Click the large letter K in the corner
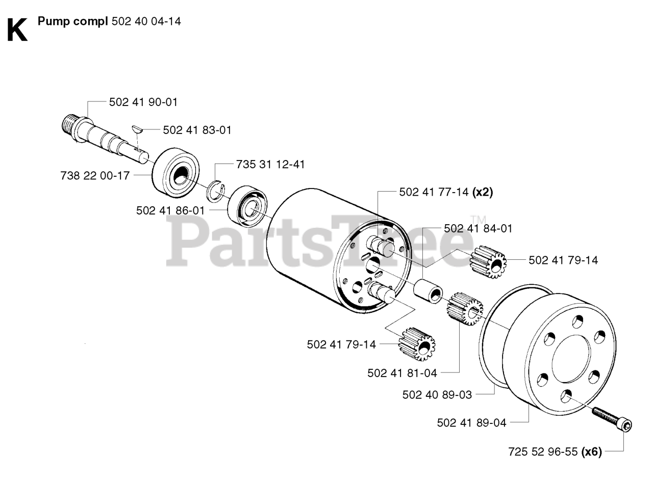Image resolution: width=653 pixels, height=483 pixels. tap(17, 30)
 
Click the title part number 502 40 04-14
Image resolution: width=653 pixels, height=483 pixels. tap(146, 21)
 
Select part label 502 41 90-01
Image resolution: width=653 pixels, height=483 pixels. tap(143, 102)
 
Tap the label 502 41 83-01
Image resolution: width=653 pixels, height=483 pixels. tap(197, 130)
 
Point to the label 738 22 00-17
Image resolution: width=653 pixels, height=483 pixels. tap(95, 175)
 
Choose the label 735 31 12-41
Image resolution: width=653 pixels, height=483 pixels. tap(270, 165)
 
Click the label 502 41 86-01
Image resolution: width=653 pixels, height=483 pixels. tap(170, 210)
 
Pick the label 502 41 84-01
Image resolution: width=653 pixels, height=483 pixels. tap(478, 229)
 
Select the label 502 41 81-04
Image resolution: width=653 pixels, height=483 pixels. tap(402, 373)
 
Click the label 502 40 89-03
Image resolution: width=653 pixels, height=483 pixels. tap(437, 394)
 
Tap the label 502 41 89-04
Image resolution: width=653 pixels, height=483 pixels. tap(472, 422)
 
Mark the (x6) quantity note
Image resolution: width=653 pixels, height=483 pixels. tap(592, 451)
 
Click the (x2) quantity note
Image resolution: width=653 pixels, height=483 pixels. tap(483, 192)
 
